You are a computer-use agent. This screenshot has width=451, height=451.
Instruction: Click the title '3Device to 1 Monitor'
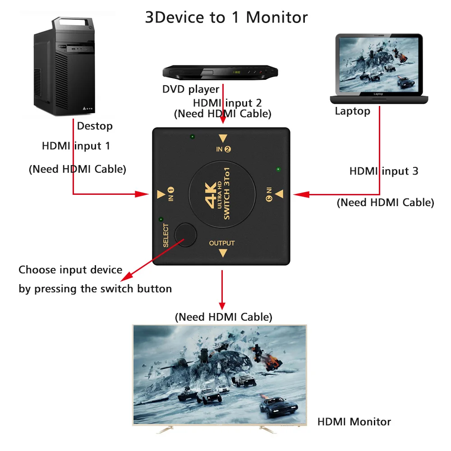pos(226,17)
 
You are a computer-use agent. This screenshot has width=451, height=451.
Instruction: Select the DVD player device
pos(220,72)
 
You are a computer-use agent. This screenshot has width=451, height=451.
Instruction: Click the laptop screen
pos(378,64)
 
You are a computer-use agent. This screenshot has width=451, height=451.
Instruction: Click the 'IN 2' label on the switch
pos(223,149)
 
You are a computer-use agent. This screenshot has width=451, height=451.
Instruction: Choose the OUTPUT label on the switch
pos(222,244)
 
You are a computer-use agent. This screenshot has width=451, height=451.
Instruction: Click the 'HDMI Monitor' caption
pos(354,422)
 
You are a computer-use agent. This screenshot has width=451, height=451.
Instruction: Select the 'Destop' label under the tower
pos(95,126)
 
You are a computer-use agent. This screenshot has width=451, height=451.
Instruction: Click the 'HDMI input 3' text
pos(384,171)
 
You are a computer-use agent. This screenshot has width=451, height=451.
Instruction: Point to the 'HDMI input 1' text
pos(76,146)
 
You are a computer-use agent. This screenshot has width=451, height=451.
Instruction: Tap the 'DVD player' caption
pos(191,89)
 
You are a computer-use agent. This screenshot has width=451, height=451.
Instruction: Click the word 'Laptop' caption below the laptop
pos(352,111)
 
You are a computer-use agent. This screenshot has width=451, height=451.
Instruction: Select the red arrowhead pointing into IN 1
pos(143,194)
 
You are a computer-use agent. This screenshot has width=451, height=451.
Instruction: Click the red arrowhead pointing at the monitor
pos(222,306)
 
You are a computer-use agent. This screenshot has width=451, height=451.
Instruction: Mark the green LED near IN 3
pos(278,170)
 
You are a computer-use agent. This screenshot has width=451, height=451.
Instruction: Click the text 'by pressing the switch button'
pos(95,289)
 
